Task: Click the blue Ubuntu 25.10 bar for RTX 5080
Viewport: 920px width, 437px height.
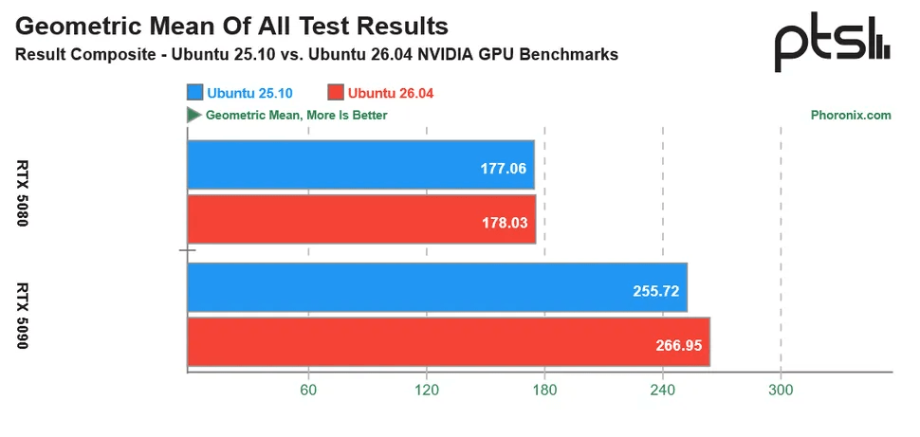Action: [x=361, y=165]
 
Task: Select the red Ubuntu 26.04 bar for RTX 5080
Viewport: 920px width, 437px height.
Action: [x=361, y=219]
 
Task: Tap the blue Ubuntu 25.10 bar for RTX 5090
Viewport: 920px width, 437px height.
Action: [x=436, y=287]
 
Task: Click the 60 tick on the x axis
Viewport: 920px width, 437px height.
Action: [x=307, y=391]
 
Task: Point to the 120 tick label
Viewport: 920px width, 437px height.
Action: [x=426, y=391]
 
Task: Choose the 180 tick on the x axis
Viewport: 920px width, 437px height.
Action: [x=543, y=391]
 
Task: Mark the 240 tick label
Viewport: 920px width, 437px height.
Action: [x=662, y=391]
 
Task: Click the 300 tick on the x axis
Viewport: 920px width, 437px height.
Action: [x=780, y=391]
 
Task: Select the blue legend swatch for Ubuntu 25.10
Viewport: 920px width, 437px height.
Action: [x=195, y=92]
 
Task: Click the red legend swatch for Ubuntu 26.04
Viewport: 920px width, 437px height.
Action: [x=335, y=92]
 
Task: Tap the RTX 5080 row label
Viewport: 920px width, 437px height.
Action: [x=24, y=193]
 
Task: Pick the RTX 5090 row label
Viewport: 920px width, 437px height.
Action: [x=24, y=315]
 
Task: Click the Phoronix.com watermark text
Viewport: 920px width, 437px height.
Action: [x=851, y=116]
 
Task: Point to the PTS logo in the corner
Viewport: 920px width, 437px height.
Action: [x=832, y=45]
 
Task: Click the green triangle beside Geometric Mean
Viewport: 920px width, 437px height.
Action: [x=193, y=115]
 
